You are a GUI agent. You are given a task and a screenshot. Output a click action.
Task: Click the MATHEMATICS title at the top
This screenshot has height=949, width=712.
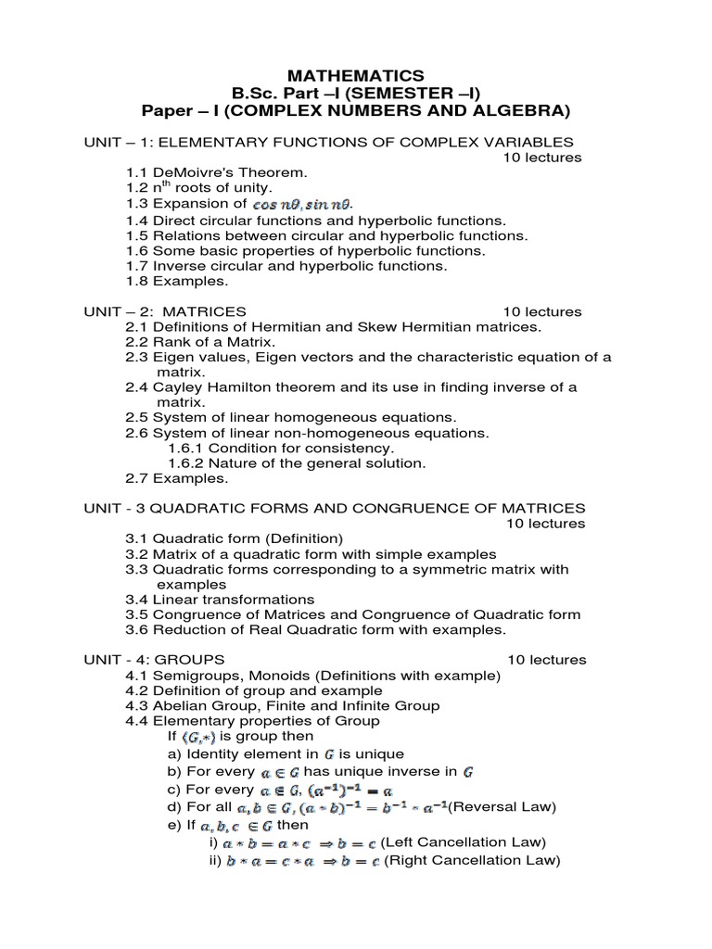(x=356, y=75)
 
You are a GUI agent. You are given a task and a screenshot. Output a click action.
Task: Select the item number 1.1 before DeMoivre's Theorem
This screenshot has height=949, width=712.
(x=138, y=172)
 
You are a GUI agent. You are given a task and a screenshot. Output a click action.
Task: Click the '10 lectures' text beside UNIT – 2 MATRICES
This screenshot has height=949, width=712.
(x=542, y=311)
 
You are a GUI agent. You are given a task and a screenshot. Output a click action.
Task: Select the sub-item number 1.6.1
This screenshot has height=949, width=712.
(x=185, y=448)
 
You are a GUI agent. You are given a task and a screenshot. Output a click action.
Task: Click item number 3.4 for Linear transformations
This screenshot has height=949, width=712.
(x=138, y=600)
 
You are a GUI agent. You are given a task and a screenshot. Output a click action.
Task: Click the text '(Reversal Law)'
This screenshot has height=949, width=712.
(x=502, y=806)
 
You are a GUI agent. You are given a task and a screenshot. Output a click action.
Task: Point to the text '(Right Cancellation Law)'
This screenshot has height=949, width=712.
(x=472, y=860)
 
